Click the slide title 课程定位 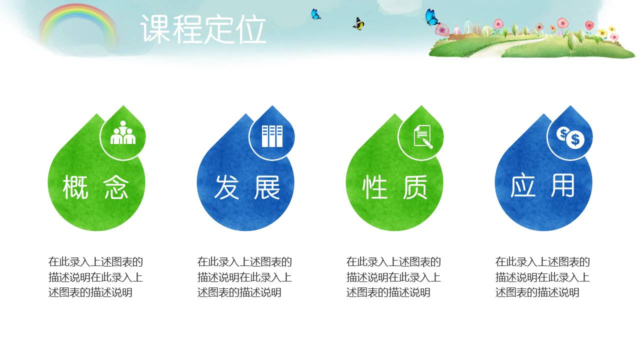click(203, 29)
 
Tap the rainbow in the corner click(77, 22)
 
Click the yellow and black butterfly click(358, 23)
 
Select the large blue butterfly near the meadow click(431, 17)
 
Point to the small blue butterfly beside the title click(315, 14)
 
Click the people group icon click(123, 133)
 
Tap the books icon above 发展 click(272, 135)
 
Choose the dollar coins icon click(570, 137)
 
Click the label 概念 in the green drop click(96, 187)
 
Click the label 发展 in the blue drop click(247, 187)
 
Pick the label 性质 click(395, 187)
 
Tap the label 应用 click(543, 186)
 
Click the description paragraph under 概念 click(95, 277)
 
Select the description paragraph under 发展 click(244, 277)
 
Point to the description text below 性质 click(393, 277)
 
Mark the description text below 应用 click(542, 277)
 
